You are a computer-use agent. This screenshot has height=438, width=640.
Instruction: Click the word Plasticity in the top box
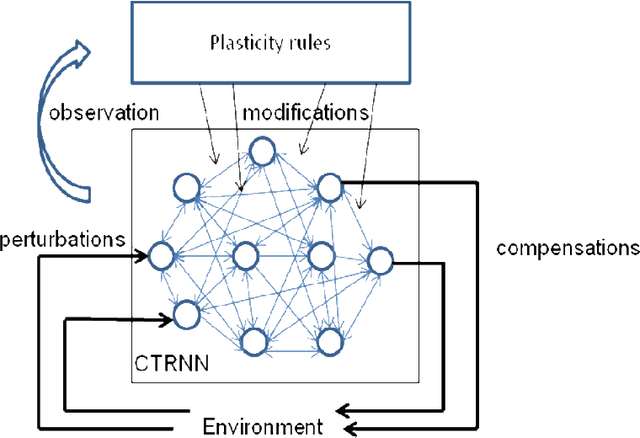[243, 43]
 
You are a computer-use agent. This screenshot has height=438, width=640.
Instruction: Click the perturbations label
[62, 240]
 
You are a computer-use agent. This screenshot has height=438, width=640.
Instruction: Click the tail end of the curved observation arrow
[77, 188]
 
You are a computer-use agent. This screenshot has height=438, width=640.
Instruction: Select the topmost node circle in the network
[262, 151]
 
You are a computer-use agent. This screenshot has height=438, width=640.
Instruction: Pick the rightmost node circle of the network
[380, 262]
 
